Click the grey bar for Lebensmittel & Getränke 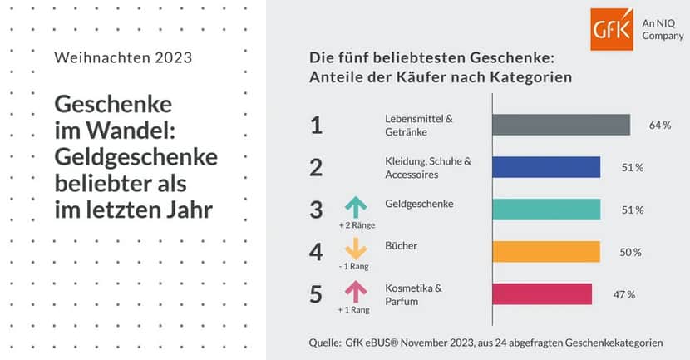560,124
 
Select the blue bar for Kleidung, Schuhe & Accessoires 546,167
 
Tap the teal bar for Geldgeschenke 546,210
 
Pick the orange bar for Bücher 545,252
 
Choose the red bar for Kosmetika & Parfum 542,294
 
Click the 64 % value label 660,125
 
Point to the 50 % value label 631,252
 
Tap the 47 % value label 624,294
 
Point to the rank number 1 316,125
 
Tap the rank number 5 316,294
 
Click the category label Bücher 402,246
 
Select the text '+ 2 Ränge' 355,224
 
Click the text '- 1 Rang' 355,266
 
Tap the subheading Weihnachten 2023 122,58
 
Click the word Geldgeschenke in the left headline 136,157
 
